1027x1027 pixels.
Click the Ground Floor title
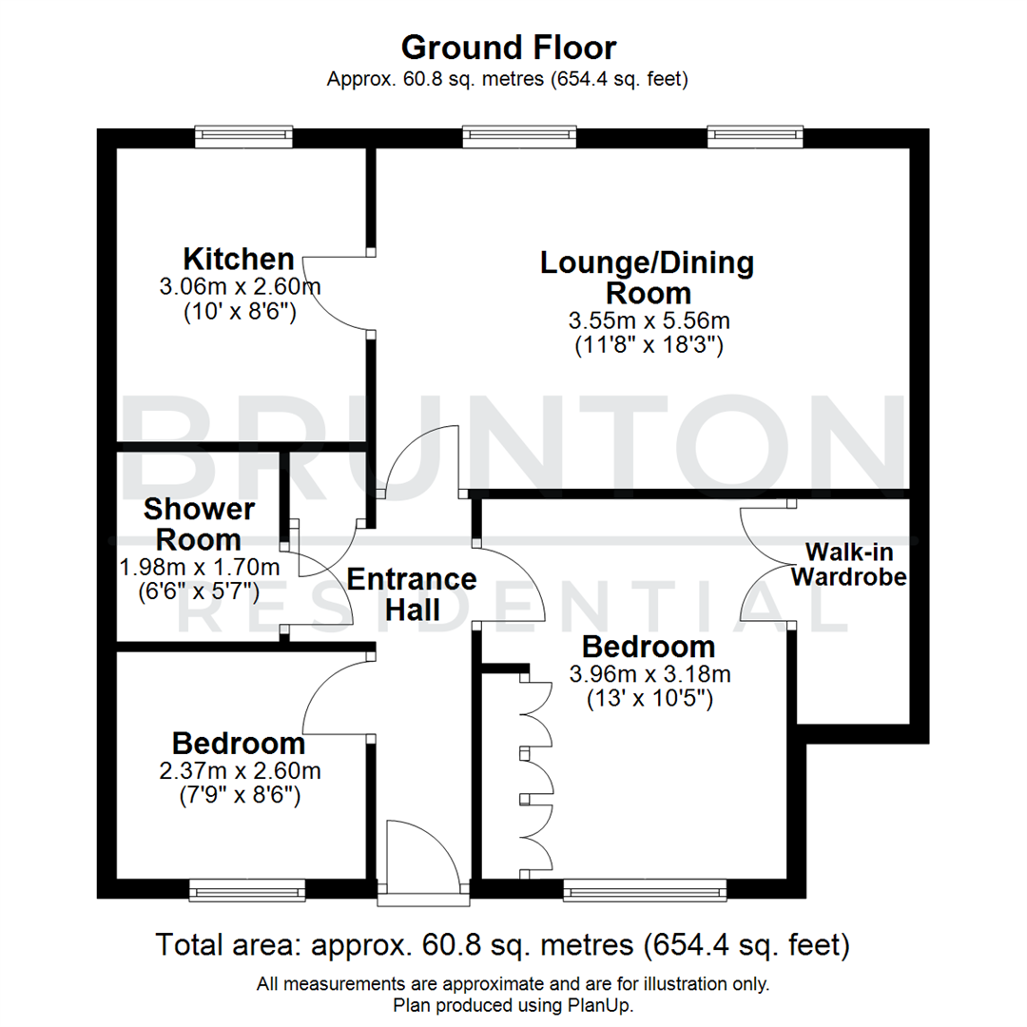[508, 47]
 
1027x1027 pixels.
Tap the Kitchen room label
[239, 259]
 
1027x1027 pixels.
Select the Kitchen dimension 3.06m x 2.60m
[241, 286]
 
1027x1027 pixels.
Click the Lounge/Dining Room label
[647, 277]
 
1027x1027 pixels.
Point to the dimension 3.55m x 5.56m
[649, 320]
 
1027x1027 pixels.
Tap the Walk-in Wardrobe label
[848, 564]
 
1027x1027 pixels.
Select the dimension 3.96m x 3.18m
[649, 675]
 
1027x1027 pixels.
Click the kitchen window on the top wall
[243, 137]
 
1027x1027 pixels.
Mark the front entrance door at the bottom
[424, 861]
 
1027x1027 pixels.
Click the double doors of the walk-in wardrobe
[765, 563]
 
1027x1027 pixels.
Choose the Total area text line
[502, 946]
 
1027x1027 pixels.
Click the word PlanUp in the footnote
[606, 1005]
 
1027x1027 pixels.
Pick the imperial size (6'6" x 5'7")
[199, 591]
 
